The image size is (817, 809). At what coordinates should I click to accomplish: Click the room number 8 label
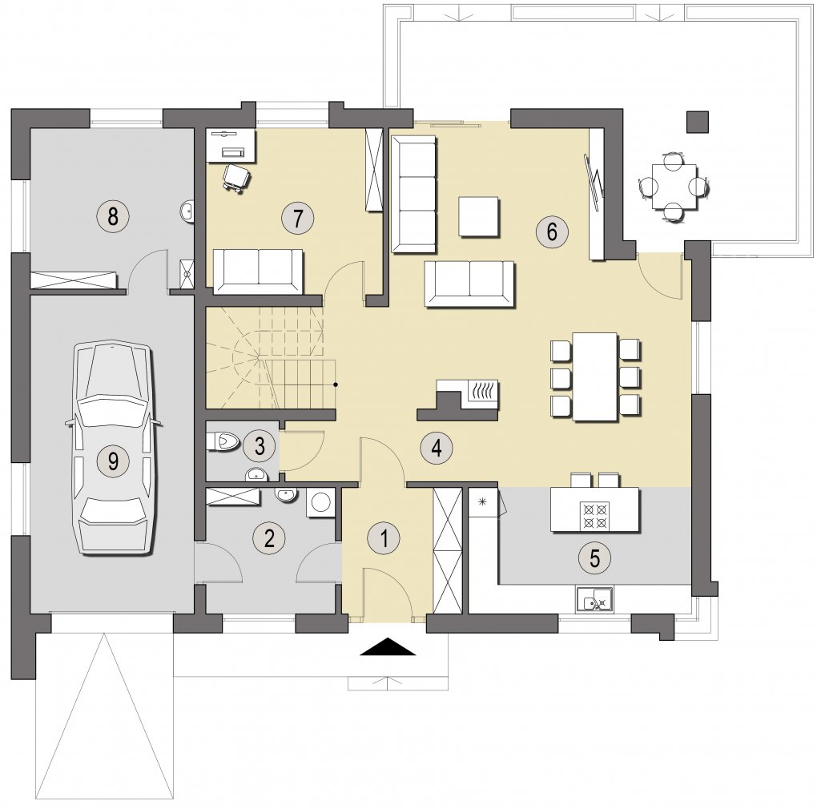pos(113,215)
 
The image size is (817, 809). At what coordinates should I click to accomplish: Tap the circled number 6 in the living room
pos(553,231)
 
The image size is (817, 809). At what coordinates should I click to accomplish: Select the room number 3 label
pos(260,445)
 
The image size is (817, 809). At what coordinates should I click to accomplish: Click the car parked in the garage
pos(113,449)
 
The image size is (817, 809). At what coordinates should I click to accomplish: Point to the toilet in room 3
pos(223,442)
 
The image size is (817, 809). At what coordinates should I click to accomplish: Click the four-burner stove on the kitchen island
pos(594,515)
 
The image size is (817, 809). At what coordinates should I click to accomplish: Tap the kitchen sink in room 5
pos(594,598)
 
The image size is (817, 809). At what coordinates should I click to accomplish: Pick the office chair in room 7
pos(236,178)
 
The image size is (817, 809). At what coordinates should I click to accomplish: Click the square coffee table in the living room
pos(478,217)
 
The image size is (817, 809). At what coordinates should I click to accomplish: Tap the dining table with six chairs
pos(594,376)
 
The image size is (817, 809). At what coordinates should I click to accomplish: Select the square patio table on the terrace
pos(674,187)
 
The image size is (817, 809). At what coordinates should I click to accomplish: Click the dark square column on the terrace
pos(697,122)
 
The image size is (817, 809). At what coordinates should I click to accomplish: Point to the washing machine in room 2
pos(320,503)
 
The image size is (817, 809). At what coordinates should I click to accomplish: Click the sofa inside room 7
pos(258,272)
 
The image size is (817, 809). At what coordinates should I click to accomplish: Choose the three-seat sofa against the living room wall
pos(413,195)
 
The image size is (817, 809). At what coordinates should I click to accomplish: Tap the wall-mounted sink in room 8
pos(187,211)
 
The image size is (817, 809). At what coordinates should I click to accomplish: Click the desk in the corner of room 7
pos(231,146)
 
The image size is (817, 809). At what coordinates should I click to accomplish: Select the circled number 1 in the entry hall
pos(384,538)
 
